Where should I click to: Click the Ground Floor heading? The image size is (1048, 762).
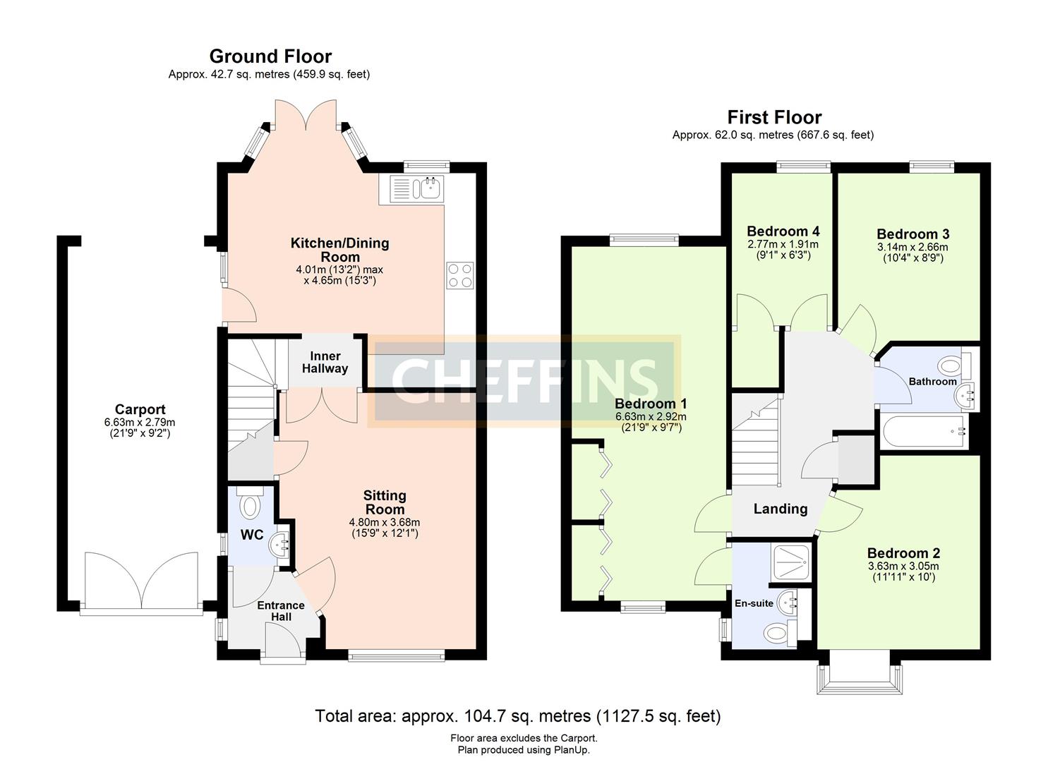pyautogui.click(x=270, y=56)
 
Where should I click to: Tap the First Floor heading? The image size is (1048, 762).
pyautogui.click(x=774, y=117)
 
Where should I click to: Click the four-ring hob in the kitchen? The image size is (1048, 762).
pyautogui.click(x=460, y=275)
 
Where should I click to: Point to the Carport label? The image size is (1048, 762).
pyautogui.click(x=140, y=409)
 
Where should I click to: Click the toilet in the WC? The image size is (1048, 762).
pyautogui.click(x=250, y=504)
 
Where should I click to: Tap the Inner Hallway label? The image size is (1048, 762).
pyautogui.click(x=325, y=362)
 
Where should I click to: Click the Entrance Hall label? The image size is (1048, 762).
pyautogui.click(x=280, y=611)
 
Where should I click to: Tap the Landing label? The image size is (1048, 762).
pyautogui.click(x=780, y=509)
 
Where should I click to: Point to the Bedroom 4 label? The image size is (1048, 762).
pyautogui.click(x=783, y=231)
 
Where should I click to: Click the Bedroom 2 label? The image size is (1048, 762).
pyautogui.click(x=903, y=553)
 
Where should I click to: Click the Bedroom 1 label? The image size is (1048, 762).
pyautogui.click(x=650, y=404)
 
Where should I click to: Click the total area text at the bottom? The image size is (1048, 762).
pyautogui.click(x=517, y=716)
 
